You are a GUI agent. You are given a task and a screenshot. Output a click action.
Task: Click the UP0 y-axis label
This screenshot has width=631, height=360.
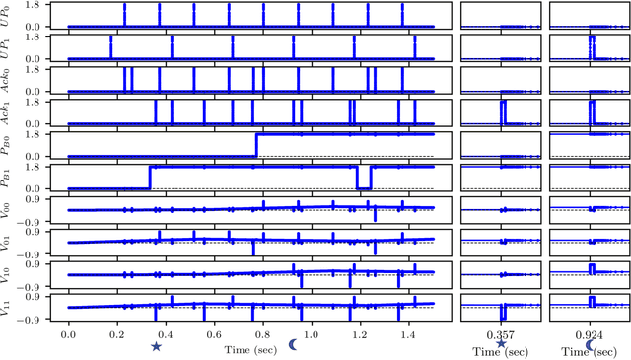(8, 15)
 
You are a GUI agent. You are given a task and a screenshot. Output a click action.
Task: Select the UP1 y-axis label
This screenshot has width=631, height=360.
(8, 47)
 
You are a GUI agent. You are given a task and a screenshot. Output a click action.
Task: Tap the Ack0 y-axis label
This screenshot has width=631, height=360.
(8, 80)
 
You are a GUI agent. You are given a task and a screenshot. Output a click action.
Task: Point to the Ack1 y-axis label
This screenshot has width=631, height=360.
(8, 112)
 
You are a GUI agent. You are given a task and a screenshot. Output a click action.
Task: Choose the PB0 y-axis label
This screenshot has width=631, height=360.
(8, 145)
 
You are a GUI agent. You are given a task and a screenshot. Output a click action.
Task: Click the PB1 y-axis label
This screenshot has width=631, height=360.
(8, 178)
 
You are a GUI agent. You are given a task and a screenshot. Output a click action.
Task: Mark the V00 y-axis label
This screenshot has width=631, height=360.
(8, 210)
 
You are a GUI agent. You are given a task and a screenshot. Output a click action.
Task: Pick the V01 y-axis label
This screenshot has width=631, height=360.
(8, 243)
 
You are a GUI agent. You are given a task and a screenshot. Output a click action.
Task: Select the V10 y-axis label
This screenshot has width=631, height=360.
(8, 275)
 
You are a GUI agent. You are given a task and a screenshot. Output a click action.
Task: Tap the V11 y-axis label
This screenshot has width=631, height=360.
(8, 308)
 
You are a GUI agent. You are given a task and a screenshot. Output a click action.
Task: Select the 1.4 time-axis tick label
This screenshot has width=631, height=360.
(403, 336)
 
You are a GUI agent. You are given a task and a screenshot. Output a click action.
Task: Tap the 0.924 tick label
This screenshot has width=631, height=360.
(590, 336)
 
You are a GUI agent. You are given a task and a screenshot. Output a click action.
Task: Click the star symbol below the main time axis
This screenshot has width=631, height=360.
(156, 346)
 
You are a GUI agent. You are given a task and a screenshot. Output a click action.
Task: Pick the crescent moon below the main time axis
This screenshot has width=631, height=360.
(293, 344)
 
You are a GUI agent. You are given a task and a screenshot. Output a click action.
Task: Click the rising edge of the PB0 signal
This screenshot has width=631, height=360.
(256, 145)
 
